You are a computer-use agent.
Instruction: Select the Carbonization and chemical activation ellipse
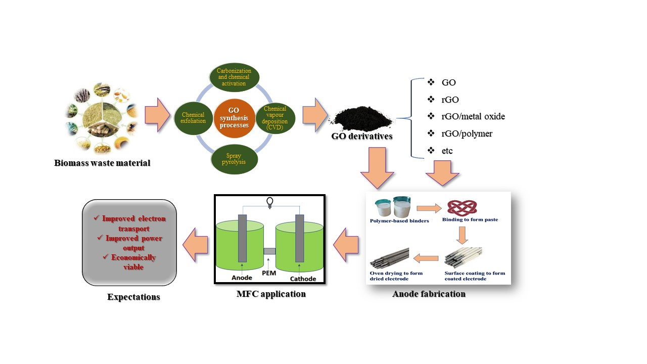[x=234, y=77]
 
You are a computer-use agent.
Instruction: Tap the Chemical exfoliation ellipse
[x=193, y=118]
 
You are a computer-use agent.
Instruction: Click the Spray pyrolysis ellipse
[x=234, y=159]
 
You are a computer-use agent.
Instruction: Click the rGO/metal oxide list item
[x=473, y=117]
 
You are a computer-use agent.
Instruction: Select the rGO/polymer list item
[x=467, y=133]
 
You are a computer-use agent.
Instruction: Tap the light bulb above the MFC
[x=269, y=202]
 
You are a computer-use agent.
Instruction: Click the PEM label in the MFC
[x=270, y=273]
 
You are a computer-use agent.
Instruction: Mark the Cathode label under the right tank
[x=303, y=279]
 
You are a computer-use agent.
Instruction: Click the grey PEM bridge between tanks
[x=269, y=251]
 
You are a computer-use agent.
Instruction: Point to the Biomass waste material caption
[x=102, y=163]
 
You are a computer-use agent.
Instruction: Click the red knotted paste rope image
[x=462, y=208]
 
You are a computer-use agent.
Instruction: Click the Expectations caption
[x=133, y=297]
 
